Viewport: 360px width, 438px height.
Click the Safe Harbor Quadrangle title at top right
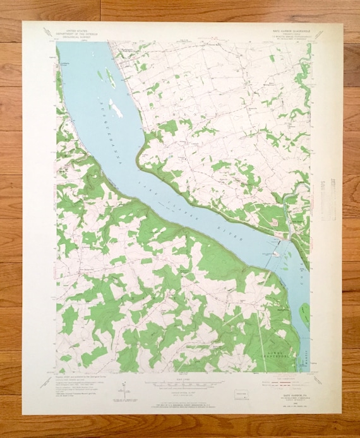pyautogui.click(x=288, y=31)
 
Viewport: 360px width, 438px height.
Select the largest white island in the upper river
pyautogui.click(x=116, y=109)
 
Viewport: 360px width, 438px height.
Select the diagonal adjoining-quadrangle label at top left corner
pyautogui.click(x=47, y=32)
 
